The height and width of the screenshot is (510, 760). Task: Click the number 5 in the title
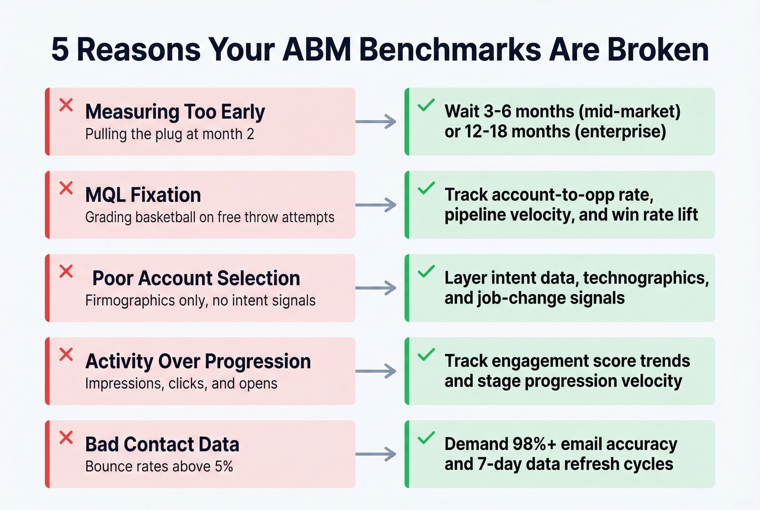[60, 49]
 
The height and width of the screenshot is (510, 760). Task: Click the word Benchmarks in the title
[450, 49]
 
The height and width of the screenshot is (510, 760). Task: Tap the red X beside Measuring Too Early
[66, 105]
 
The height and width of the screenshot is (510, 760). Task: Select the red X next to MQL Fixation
[66, 188]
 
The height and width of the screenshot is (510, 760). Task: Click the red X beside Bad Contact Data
[66, 437]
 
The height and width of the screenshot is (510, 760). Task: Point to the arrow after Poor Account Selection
[376, 288]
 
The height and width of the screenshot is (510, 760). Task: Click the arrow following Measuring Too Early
[376, 122]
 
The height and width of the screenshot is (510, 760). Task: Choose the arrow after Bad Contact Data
[376, 454]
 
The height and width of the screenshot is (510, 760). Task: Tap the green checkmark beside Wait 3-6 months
[426, 105]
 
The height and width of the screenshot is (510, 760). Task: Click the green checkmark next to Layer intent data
[426, 271]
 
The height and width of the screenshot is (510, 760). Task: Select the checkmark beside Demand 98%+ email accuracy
[426, 437]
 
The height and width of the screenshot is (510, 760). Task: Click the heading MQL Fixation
[143, 195]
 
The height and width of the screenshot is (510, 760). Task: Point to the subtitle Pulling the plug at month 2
[169, 134]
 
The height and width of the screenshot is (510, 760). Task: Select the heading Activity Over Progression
[198, 361]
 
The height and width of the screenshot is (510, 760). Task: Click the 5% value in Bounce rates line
[224, 467]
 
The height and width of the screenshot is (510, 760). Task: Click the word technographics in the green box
[645, 278]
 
